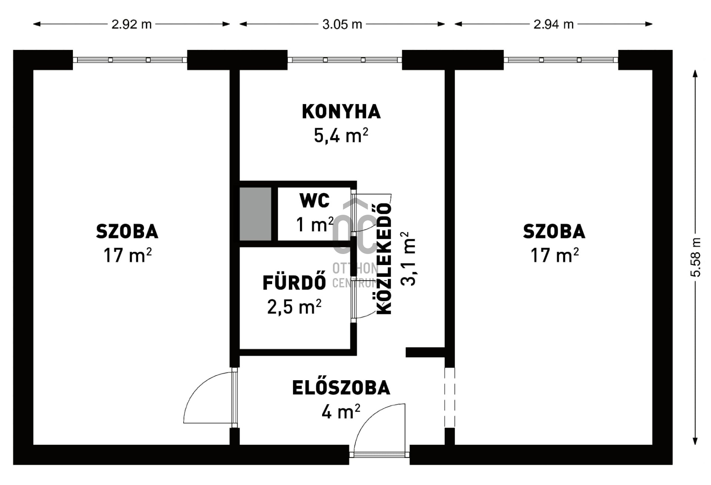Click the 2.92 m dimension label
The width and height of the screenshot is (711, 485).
point(131,24)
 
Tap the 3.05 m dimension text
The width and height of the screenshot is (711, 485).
point(342,24)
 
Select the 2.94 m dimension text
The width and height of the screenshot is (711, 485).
point(553,24)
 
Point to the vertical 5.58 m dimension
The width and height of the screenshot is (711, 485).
point(695,257)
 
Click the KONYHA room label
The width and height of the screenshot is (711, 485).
point(341,112)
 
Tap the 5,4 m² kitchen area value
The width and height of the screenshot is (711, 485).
point(341,136)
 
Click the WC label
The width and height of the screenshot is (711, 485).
point(314,201)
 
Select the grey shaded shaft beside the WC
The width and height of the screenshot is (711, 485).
point(256,214)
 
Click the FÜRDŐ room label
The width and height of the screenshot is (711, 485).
point(294,283)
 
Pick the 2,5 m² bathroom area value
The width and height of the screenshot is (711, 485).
point(294,307)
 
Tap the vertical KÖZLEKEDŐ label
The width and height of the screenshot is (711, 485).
point(384,259)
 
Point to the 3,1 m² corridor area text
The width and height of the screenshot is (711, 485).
point(408,259)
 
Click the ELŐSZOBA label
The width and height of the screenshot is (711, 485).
point(341,388)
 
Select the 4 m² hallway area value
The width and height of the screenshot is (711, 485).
point(341,412)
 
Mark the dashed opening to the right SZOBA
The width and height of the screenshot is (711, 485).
point(450,398)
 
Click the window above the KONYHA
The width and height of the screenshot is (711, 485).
point(344,60)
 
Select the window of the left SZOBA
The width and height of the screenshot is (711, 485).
point(130,60)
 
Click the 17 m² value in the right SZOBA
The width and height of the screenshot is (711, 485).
point(554,255)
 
